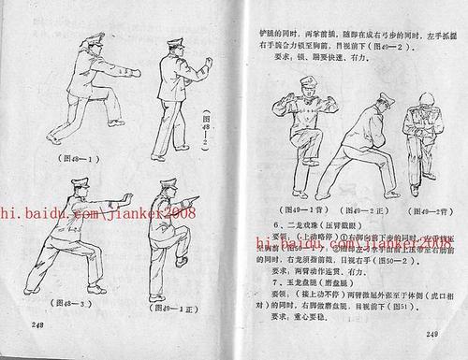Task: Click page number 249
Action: point(432,335)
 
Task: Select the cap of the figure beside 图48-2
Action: point(176,42)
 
